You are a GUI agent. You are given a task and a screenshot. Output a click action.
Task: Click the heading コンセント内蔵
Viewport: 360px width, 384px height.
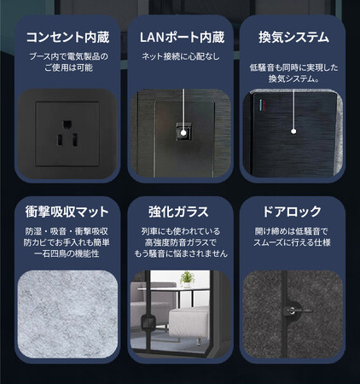point(67,38)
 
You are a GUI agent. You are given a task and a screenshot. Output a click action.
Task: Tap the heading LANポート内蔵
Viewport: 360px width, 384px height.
point(182,38)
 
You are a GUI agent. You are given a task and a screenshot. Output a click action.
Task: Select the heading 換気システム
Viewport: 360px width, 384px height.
point(293,38)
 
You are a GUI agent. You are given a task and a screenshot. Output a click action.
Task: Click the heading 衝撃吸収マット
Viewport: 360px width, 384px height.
point(67,212)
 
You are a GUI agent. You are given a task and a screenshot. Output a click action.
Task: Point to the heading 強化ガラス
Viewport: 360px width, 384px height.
point(178,212)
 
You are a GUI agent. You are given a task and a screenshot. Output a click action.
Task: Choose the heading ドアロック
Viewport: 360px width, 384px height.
point(292,212)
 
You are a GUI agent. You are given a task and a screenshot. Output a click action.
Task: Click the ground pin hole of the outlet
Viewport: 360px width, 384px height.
point(67,125)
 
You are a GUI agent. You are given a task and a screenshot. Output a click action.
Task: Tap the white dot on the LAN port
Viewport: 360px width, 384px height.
point(183,132)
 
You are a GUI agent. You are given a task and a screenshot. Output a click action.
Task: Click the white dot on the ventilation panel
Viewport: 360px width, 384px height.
point(293,131)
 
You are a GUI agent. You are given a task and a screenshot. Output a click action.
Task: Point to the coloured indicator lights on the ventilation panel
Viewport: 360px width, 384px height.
point(262,106)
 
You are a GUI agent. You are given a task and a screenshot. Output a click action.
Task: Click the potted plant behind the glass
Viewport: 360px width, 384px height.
point(187,279)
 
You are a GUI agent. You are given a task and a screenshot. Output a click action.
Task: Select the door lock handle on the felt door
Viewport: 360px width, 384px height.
point(293,311)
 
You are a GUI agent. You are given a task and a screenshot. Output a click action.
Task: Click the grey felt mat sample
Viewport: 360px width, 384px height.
point(67,314)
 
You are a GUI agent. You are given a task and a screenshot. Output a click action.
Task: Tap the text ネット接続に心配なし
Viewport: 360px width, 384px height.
point(181,56)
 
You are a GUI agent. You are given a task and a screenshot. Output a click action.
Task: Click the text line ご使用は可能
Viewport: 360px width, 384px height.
point(68,67)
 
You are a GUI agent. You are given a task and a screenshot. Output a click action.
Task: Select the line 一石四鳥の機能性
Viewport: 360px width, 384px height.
point(67,253)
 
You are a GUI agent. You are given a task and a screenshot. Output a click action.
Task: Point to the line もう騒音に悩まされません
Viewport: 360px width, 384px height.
point(181,253)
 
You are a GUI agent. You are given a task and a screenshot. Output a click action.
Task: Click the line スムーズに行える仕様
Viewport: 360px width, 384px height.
point(292,242)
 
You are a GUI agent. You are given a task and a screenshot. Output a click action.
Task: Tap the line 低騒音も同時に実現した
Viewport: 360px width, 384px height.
point(293,67)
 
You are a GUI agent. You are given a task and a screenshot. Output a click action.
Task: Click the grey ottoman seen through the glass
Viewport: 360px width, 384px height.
point(189,322)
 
